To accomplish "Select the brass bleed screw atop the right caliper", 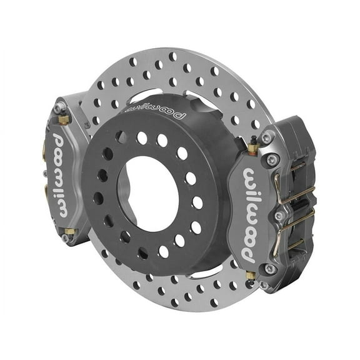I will pos(252,148).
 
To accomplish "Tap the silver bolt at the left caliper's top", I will pos(60,108).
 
